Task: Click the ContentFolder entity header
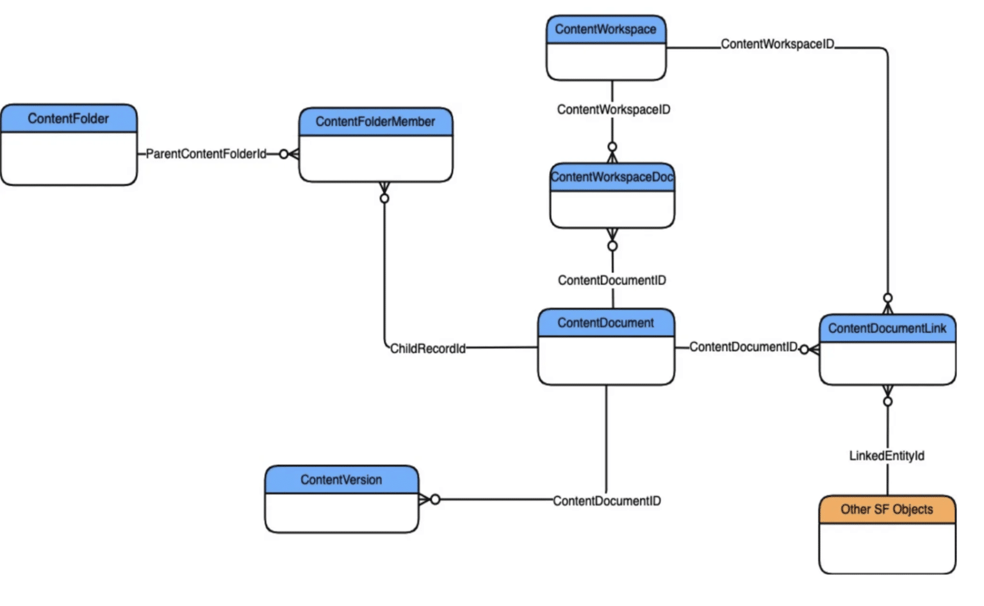coord(69,119)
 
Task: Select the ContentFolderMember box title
coord(375,122)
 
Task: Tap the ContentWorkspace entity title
coord(605,29)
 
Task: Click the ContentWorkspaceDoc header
coord(612,177)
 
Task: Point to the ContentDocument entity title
coord(605,323)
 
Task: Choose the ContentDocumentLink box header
coord(887,329)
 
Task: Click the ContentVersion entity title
coord(341,480)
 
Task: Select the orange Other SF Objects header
coord(887,509)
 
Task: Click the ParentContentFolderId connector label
coord(206,154)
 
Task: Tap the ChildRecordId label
coord(427,348)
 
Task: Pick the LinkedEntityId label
coord(887,455)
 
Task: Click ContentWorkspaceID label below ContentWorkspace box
coord(613,110)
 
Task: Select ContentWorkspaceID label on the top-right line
coord(777,44)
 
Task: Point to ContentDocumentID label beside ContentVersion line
coord(607,501)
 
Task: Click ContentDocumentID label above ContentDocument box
coord(612,280)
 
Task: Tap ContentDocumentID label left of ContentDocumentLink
coord(743,347)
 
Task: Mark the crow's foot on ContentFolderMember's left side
coord(293,154)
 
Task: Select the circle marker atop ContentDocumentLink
coord(887,298)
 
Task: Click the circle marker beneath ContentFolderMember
coord(384,199)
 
